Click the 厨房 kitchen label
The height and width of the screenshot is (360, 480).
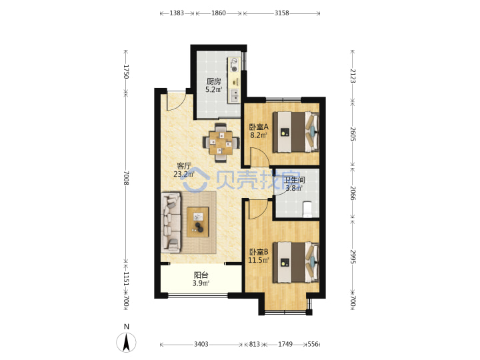(214, 81)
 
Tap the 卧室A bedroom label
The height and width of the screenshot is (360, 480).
(259, 127)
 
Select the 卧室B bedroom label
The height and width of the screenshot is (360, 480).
(259, 252)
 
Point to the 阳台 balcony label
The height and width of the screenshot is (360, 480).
(201, 275)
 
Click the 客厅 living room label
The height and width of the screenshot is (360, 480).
(184, 166)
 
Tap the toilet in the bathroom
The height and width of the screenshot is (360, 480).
(307, 209)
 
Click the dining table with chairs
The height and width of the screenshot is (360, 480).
(221, 143)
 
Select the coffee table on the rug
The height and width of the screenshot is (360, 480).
(198, 222)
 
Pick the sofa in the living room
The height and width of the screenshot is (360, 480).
(171, 223)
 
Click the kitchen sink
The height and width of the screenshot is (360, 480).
(235, 95)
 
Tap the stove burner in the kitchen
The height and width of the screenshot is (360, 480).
(234, 69)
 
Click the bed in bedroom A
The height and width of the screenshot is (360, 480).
(296, 132)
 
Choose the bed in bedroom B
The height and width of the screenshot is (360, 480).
(296, 263)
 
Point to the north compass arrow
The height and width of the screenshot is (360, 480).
(126, 342)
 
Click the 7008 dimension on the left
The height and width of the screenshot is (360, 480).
(126, 178)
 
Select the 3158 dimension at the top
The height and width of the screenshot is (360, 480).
(281, 13)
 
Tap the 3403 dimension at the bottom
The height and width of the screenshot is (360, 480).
(201, 345)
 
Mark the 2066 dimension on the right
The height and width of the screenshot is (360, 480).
(353, 193)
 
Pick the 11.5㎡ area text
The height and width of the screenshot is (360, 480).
(259, 260)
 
